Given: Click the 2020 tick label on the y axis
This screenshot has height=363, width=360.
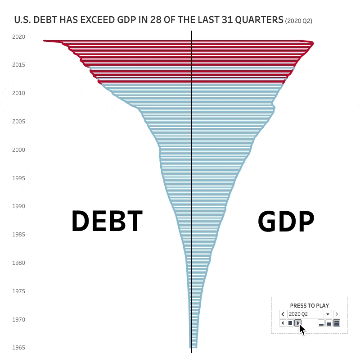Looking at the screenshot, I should coord(19,36).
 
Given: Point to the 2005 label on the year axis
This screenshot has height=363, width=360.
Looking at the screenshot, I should coord(19,121).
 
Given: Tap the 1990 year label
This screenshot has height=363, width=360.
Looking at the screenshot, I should coord(19,206).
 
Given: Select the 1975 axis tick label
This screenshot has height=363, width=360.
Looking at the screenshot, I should coord(19,291).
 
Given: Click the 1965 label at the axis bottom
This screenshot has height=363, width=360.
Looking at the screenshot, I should coord(19,348).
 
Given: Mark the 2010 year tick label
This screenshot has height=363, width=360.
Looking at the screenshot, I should coord(19,93).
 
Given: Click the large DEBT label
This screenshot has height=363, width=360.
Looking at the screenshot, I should coord(107,222).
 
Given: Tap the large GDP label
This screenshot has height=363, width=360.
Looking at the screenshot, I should coord(286,222).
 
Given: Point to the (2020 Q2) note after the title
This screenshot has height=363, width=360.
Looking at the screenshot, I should coord(299,21).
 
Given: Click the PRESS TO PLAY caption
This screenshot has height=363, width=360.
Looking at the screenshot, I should coord(309,305).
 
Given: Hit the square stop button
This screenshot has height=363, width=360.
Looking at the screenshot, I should coord(290,323).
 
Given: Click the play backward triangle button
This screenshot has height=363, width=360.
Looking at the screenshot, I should coord(283,323).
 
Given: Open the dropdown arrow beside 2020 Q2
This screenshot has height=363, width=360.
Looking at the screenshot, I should coord(328,314).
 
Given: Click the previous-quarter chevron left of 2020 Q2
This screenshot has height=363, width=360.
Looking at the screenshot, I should coord(283,314).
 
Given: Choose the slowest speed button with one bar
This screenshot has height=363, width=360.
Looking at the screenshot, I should coord(321,323).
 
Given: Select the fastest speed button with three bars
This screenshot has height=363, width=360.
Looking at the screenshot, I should coord(337,323).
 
